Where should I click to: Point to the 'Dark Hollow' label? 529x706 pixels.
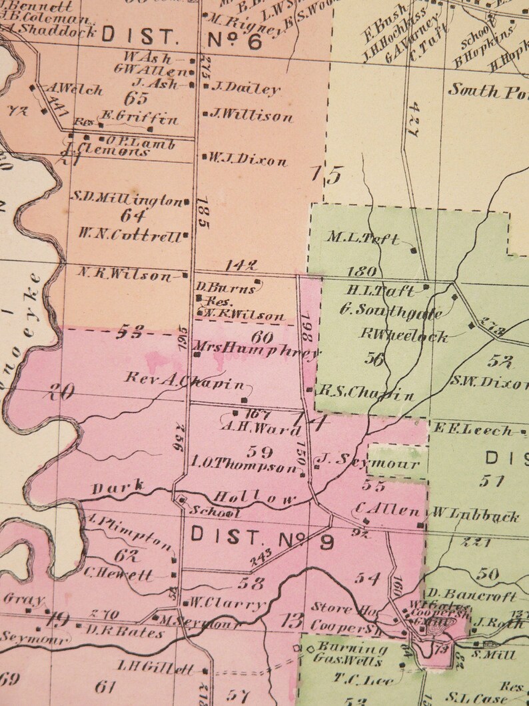tap(194, 494)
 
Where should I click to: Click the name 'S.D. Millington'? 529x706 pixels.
tap(127, 199)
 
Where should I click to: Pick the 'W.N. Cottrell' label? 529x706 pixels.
tap(129, 235)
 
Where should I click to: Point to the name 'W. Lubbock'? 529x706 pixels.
tap(476, 515)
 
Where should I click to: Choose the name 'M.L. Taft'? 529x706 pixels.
tap(364, 237)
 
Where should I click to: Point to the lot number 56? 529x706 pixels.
tap(374, 359)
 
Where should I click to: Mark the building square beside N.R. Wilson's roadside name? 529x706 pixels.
tap(185, 275)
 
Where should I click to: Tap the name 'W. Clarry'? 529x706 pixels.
tap(227, 605)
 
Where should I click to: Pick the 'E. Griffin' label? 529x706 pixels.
tap(139, 119)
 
